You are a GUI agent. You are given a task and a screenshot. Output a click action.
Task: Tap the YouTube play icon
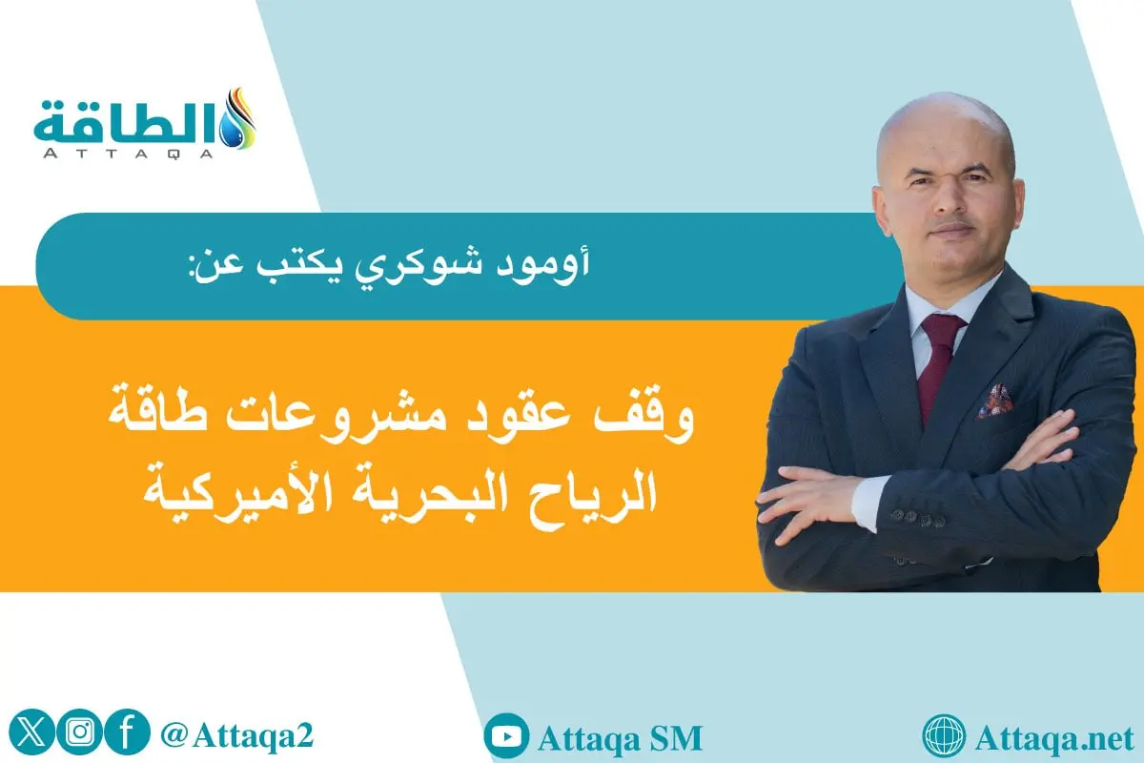tap(506, 737)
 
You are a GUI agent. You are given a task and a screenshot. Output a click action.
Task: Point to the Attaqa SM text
tap(620, 737)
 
